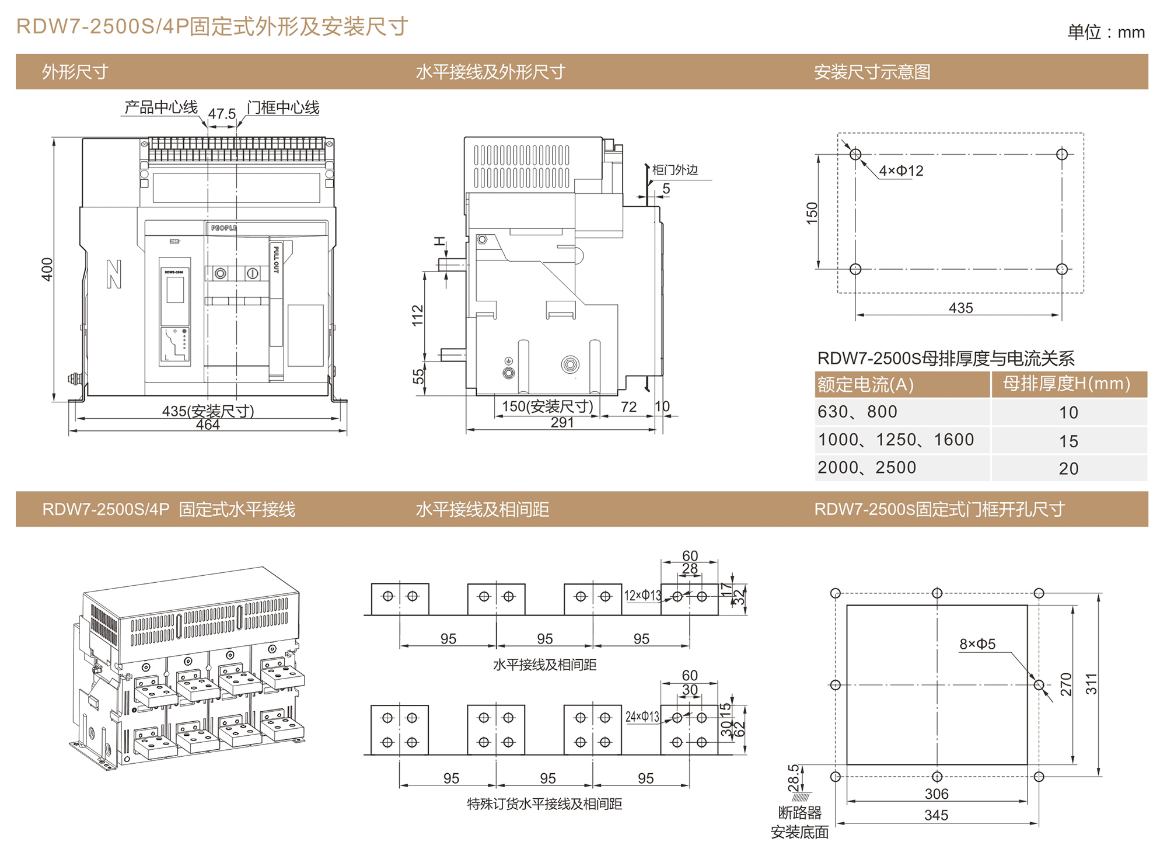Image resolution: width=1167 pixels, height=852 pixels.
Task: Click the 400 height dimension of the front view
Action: pyautogui.click(x=47, y=269)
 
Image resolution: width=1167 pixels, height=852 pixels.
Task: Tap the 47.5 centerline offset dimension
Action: pyautogui.click(x=222, y=114)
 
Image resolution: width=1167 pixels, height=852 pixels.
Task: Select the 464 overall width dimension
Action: pyautogui.click(x=208, y=425)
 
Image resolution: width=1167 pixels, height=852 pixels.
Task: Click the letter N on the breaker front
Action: pyautogui.click(x=114, y=274)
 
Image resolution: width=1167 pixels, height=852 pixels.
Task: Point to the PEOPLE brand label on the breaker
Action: pyautogui.click(x=224, y=228)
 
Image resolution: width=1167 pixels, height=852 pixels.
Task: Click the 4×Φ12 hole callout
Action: pyautogui.click(x=901, y=171)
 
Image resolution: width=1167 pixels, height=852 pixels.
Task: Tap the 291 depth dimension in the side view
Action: pyautogui.click(x=562, y=423)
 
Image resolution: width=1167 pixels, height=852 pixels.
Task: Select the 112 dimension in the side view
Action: pyautogui.click(x=418, y=315)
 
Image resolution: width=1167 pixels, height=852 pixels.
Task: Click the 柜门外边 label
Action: pyautogui.click(x=675, y=170)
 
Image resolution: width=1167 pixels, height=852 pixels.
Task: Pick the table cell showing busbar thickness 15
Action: pyautogui.click(x=1068, y=441)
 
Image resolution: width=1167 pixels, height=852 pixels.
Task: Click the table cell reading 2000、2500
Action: pyautogui.click(x=866, y=468)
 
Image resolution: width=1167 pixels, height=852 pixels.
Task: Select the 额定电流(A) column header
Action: pyautogui.click(x=865, y=384)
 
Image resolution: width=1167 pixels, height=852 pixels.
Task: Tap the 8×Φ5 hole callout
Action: pyautogui.click(x=977, y=644)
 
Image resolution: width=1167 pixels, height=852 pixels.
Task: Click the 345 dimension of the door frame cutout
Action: pyautogui.click(x=936, y=815)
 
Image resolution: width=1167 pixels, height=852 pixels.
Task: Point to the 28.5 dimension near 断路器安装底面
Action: pyautogui.click(x=794, y=778)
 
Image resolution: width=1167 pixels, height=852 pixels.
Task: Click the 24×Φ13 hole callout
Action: pyautogui.click(x=642, y=717)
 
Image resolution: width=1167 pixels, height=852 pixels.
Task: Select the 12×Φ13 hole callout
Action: pyautogui.click(x=642, y=595)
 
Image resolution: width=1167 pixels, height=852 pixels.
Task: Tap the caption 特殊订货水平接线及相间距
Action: pyautogui.click(x=544, y=804)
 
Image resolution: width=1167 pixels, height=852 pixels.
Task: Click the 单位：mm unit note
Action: pyautogui.click(x=1106, y=32)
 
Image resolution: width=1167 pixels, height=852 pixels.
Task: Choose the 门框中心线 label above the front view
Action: pyautogui.click(x=283, y=107)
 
